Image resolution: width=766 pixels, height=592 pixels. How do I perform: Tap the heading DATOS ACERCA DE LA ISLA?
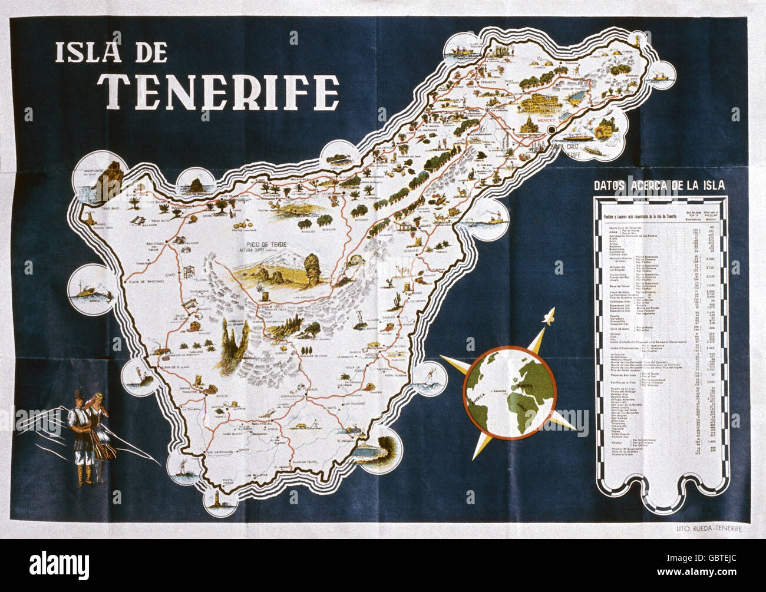[x=659, y=186]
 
